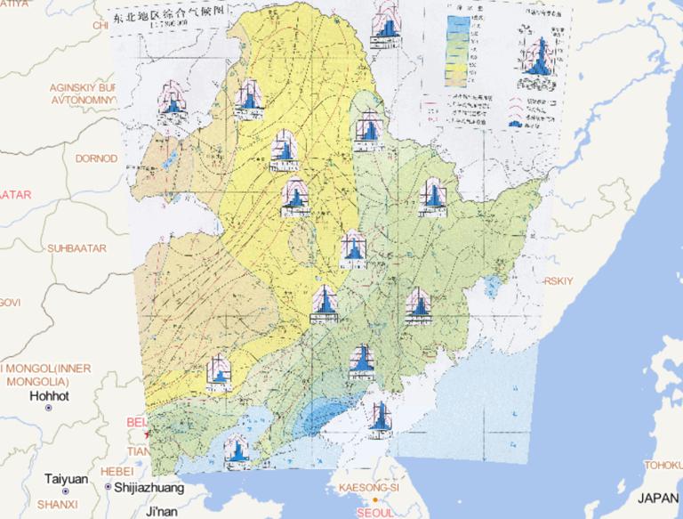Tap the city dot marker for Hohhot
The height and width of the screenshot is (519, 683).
click(x=48, y=408)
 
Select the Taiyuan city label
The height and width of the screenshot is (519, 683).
click(x=67, y=479)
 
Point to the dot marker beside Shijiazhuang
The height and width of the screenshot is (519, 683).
click(x=108, y=488)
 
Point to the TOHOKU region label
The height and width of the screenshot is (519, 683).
click(x=663, y=465)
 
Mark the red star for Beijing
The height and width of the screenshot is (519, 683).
click(x=148, y=434)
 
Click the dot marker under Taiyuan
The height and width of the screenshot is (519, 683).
click(x=67, y=492)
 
